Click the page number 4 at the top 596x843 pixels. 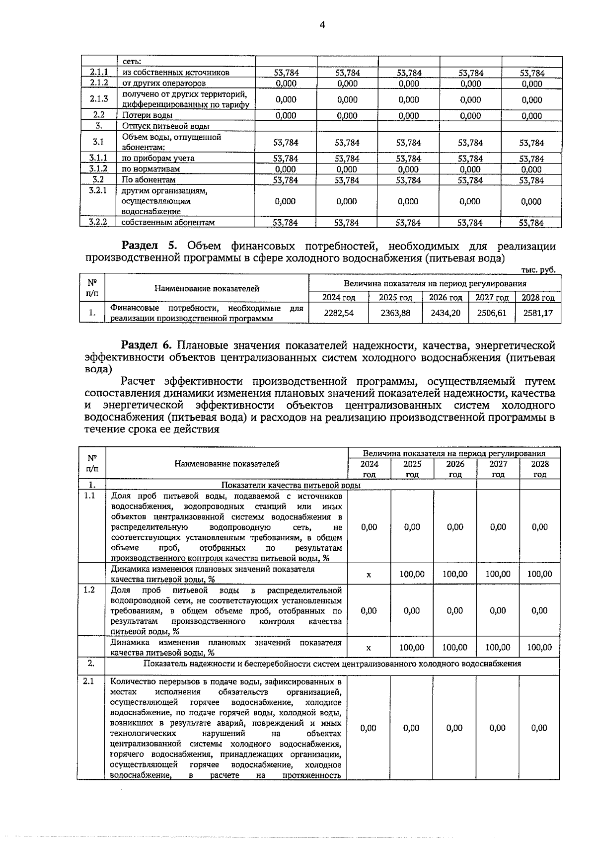[x=322, y=25]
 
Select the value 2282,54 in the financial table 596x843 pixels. [x=339, y=314]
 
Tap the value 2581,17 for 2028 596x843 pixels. [x=539, y=314]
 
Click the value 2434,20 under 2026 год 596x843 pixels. [x=446, y=314]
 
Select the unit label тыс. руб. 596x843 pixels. [x=538, y=270]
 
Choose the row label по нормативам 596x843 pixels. [x=151, y=169]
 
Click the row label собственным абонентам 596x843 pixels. [x=168, y=222]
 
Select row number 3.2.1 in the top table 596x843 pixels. [x=98, y=191]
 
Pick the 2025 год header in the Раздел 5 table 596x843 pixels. [x=395, y=298]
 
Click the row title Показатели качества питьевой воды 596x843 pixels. [x=291, y=485]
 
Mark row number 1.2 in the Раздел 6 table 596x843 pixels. [x=89, y=590]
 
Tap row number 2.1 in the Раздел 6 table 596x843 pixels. [x=89, y=681]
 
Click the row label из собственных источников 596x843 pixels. [x=176, y=73]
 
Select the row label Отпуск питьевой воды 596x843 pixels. [x=166, y=126]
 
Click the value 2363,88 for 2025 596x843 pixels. [x=395, y=314]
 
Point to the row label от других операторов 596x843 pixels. [x=164, y=84]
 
